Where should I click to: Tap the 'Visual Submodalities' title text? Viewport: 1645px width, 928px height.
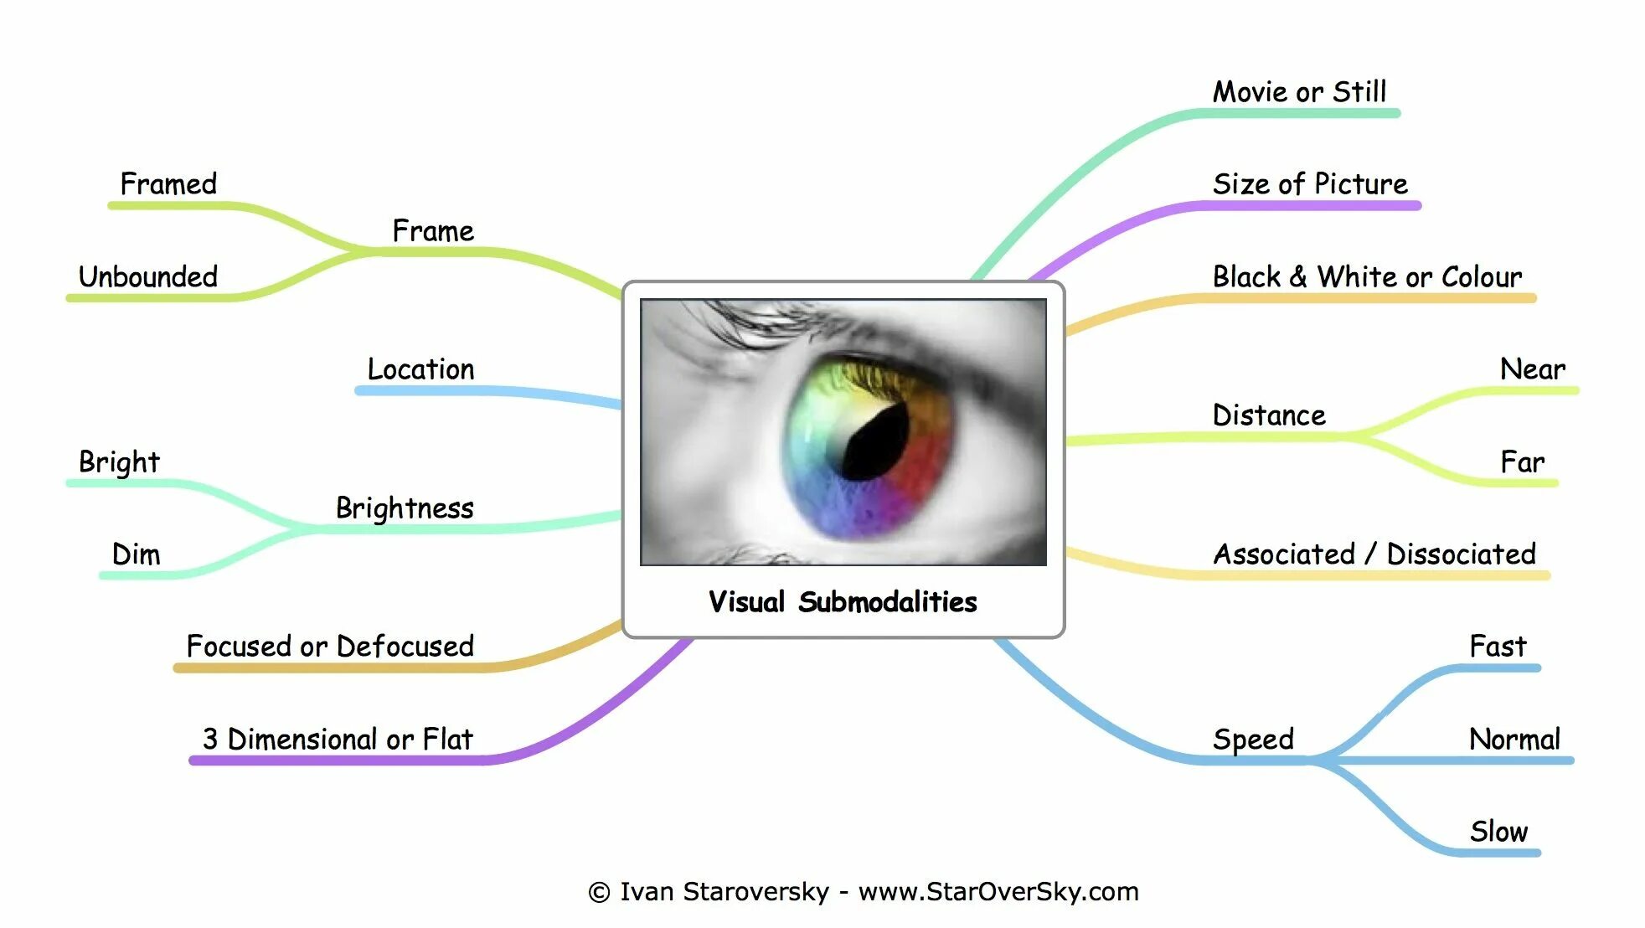pyautogui.click(x=843, y=601)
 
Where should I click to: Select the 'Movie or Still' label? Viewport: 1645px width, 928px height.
pyautogui.click(x=1299, y=92)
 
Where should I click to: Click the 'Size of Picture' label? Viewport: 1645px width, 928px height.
pyautogui.click(x=1310, y=184)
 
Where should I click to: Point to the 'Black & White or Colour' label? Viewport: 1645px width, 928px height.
pyautogui.click(x=1367, y=276)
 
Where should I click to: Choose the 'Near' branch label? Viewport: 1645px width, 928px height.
pyautogui.click(x=1532, y=369)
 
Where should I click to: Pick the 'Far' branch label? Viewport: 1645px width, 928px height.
pyautogui.click(x=1522, y=462)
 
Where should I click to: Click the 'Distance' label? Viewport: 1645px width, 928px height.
pyautogui.click(x=1269, y=415)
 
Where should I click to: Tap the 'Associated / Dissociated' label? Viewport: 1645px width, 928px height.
pyautogui.click(x=1374, y=554)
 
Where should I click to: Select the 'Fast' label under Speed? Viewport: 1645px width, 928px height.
pyautogui.click(x=1498, y=647)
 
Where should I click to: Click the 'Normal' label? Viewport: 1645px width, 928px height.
pyautogui.click(x=1514, y=740)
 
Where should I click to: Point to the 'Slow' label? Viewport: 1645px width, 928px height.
pyautogui.click(x=1498, y=832)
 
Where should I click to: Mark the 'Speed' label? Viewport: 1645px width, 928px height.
pyautogui.click(x=1253, y=740)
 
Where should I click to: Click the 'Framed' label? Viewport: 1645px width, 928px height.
pyautogui.click(x=168, y=184)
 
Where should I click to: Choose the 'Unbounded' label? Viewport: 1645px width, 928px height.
pyautogui.click(x=148, y=276)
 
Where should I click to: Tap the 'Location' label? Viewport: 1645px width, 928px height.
pyautogui.click(x=420, y=369)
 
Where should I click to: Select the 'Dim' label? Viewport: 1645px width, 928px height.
pyautogui.click(x=136, y=554)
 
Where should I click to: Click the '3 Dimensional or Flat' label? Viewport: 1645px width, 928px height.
pyautogui.click(x=338, y=740)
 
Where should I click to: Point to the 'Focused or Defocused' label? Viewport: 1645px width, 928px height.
pyautogui.click(x=330, y=647)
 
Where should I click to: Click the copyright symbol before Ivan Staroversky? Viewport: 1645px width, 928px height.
pyautogui.click(x=599, y=892)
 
